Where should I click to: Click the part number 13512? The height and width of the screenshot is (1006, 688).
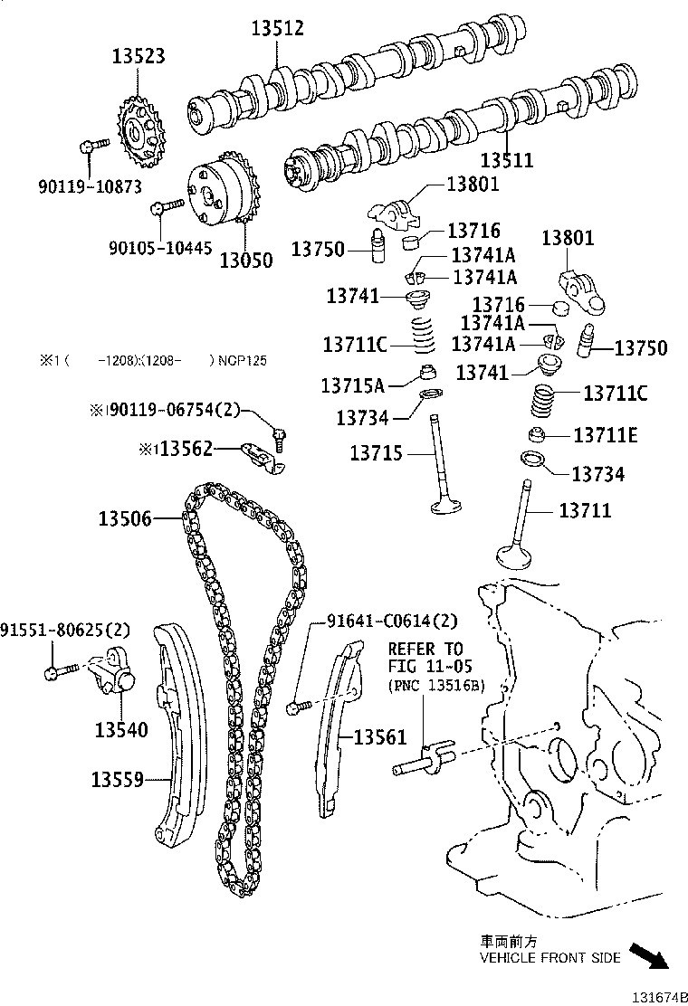pos(277,29)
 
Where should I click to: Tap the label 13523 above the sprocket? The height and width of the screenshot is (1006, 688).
pos(139,56)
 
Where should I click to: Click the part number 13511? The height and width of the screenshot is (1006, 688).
pos(506,161)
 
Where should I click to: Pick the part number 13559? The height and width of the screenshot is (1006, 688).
pos(118,778)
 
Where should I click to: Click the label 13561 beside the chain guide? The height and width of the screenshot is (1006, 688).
pos(380,738)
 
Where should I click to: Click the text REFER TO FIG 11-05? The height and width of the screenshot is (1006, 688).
pos(425,658)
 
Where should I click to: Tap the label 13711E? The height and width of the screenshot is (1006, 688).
pos(605,436)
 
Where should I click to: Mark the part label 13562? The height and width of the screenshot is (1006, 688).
pos(186,448)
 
